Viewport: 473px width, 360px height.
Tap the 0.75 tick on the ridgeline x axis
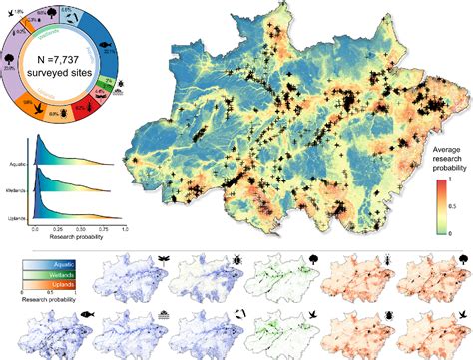click(106, 229)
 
